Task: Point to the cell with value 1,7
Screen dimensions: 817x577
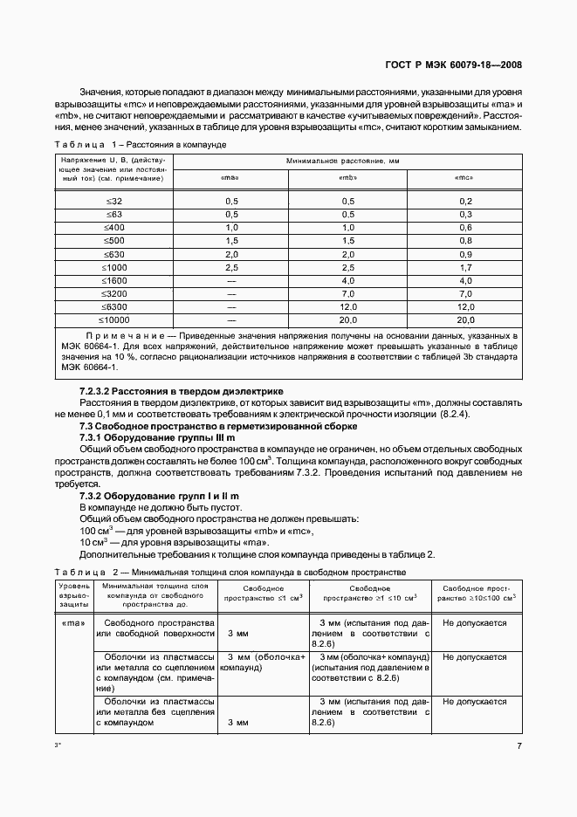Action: coord(464,266)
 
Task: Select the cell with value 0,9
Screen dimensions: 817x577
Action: coord(464,253)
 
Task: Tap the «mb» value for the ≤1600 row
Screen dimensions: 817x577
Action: coord(347,280)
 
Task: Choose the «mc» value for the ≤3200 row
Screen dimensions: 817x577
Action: coord(464,293)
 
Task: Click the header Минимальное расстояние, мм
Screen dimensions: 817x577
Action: coord(347,161)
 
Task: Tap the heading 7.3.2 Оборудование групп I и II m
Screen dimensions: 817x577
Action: coord(159,496)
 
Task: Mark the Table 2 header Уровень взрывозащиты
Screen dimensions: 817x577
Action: coord(74,594)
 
